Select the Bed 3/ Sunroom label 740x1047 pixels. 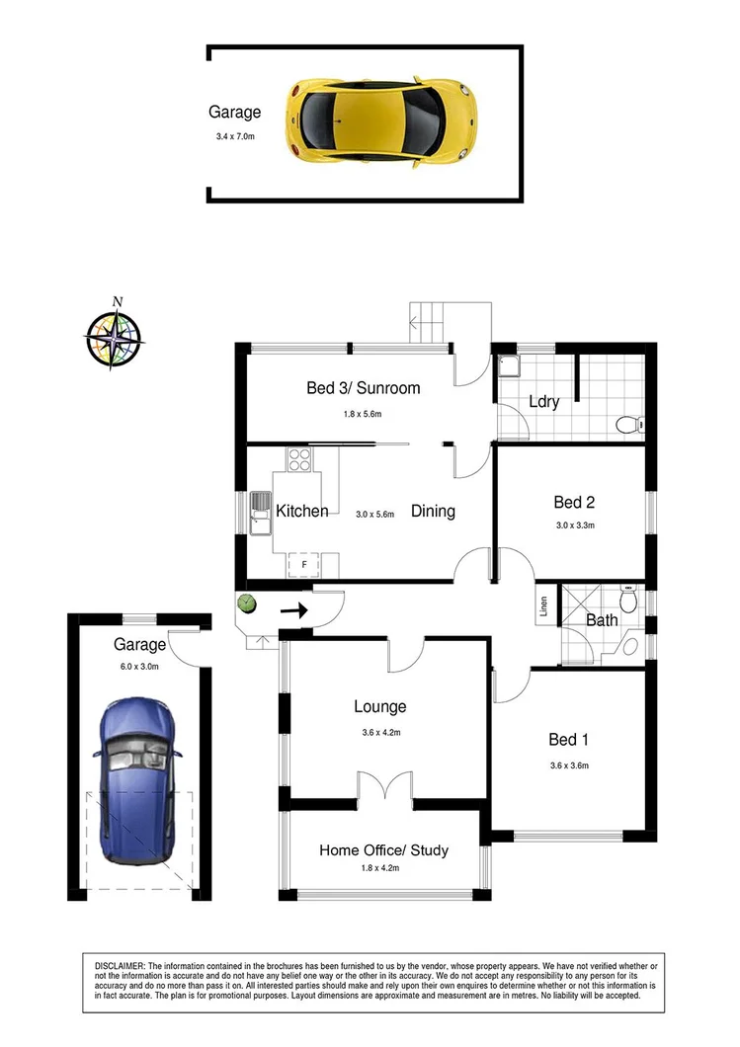(x=363, y=388)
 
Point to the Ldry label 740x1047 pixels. (x=543, y=402)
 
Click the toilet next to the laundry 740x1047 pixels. (x=627, y=426)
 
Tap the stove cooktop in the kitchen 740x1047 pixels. (x=298, y=459)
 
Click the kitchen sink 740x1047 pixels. (x=260, y=513)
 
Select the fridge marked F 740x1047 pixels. (x=303, y=565)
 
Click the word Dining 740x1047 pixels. (x=433, y=512)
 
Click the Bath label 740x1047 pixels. (x=601, y=621)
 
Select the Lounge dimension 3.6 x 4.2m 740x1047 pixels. (x=380, y=732)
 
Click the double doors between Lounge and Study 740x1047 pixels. (x=384, y=787)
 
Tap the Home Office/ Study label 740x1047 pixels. (x=383, y=850)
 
